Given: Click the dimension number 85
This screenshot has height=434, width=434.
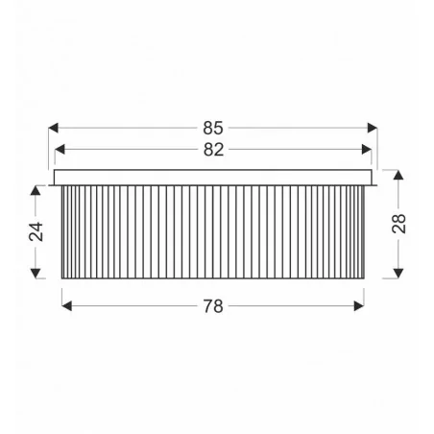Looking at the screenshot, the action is coord(213,128).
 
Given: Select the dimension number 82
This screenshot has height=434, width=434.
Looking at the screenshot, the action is coord(213,150).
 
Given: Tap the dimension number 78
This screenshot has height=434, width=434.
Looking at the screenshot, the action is coord(213,306).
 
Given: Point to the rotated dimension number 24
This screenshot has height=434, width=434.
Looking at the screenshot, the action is coord(36,231).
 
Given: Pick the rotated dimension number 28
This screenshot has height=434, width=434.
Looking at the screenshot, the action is coord(398,224).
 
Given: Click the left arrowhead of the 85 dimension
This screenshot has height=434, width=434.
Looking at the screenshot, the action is coord(53,128).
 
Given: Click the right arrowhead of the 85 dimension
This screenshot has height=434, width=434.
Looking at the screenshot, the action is coord(373,128).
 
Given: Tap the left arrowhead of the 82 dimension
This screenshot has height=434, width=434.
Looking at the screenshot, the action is coord(60,149).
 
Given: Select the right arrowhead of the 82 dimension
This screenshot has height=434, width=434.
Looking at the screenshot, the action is coord(367,149).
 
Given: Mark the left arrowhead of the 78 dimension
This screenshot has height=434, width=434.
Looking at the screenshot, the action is coord(66,306).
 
